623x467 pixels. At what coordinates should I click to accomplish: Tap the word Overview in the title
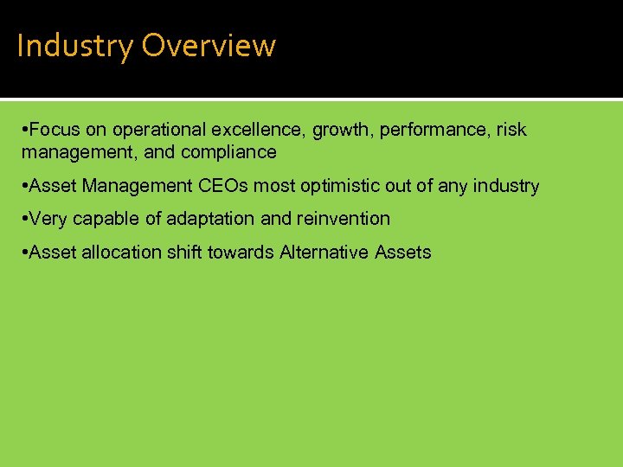pyautogui.click(x=209, y=46)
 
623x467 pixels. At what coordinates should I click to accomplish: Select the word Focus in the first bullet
pyautogui.click(x=55, y=130)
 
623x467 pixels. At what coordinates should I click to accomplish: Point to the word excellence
pyautogui.click(x=259, y=130)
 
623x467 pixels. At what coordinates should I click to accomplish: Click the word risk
pyautogui.click(x=511, y=130)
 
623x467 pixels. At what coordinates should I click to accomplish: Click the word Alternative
pyautogui.click(x=324, y=253)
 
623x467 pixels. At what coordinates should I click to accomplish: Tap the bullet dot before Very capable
pyautogui.click(x=25, y=219)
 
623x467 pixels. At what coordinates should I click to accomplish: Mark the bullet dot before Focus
pyautogui.click(x=25, y=130)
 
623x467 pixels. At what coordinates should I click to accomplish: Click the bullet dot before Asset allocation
pyautogui.click(x=25, y=253)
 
